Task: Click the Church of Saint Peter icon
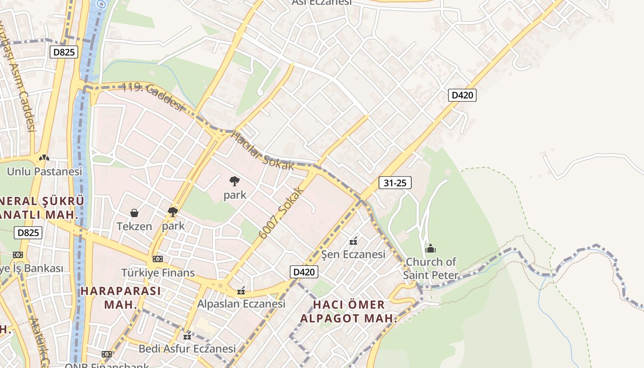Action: coord(431,248)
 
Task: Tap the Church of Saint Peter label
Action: coord(431,269)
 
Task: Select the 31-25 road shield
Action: coord(395,183)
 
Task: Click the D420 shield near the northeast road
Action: coord(462,95)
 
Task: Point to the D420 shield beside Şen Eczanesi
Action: coord(305,272)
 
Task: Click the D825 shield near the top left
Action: coord(64,52)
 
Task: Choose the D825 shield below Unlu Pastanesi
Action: coord(29,233)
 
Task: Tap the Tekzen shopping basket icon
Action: coord(134,213)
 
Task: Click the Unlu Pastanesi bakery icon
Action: coord(44,158)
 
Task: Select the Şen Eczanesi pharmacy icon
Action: coord(353,241)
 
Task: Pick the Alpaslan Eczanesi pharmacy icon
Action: coord(241,291)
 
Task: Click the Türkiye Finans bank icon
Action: coord(158,259)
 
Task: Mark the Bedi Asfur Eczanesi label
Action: coord(187,349)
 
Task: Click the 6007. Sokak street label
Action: coord(282,213)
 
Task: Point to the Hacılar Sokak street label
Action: coord(262,151)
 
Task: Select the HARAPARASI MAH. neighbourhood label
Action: coord(121,297)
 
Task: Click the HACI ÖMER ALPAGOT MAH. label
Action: coord(349,311)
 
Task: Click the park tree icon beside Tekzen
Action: coord(173,212)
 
